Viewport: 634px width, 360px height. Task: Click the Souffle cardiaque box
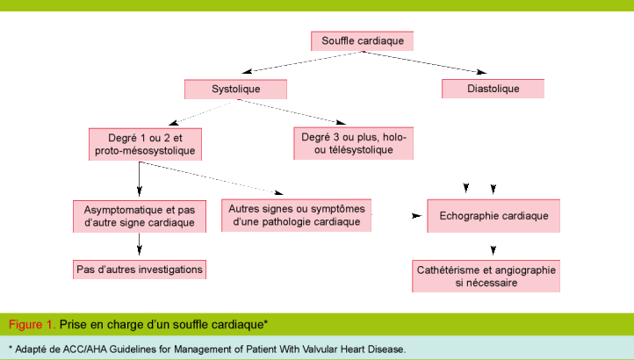(x=363, y=41)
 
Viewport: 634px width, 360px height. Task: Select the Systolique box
(x=235, y=89)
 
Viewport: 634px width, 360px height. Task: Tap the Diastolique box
(x=493, y=89)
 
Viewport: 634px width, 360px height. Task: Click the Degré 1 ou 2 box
(x=145, y=145)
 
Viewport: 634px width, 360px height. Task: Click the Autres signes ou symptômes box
(x=295, y=215)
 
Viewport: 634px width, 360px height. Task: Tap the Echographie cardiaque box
(x=493, y=216)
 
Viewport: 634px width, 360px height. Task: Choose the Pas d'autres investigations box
(x=139, y=269)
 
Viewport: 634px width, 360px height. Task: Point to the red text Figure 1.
(x=32, y=325)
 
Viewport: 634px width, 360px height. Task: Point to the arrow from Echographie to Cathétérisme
(x=487, y=247)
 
